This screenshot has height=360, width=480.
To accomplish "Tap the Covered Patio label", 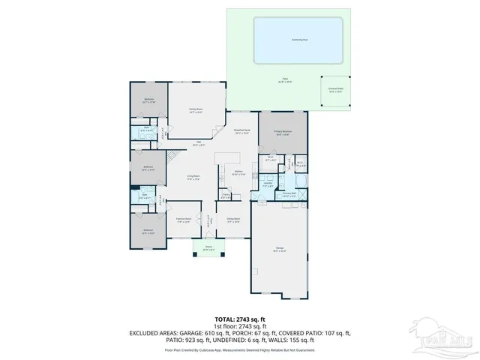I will point(335,89).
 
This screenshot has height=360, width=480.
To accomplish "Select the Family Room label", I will point(196,110).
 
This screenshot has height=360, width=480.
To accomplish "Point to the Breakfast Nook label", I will point(241,131).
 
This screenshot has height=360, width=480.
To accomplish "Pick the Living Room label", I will point(193,177).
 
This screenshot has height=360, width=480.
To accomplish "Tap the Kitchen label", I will point(237,173).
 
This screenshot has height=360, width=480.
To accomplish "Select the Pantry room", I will point(226,196).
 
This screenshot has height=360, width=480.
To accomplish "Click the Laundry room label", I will point(267,184).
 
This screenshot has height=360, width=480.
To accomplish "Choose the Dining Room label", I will point(233,220).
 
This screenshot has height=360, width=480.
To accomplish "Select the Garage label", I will point(279,250).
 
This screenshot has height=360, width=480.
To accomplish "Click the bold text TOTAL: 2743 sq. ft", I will point(239,319).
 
